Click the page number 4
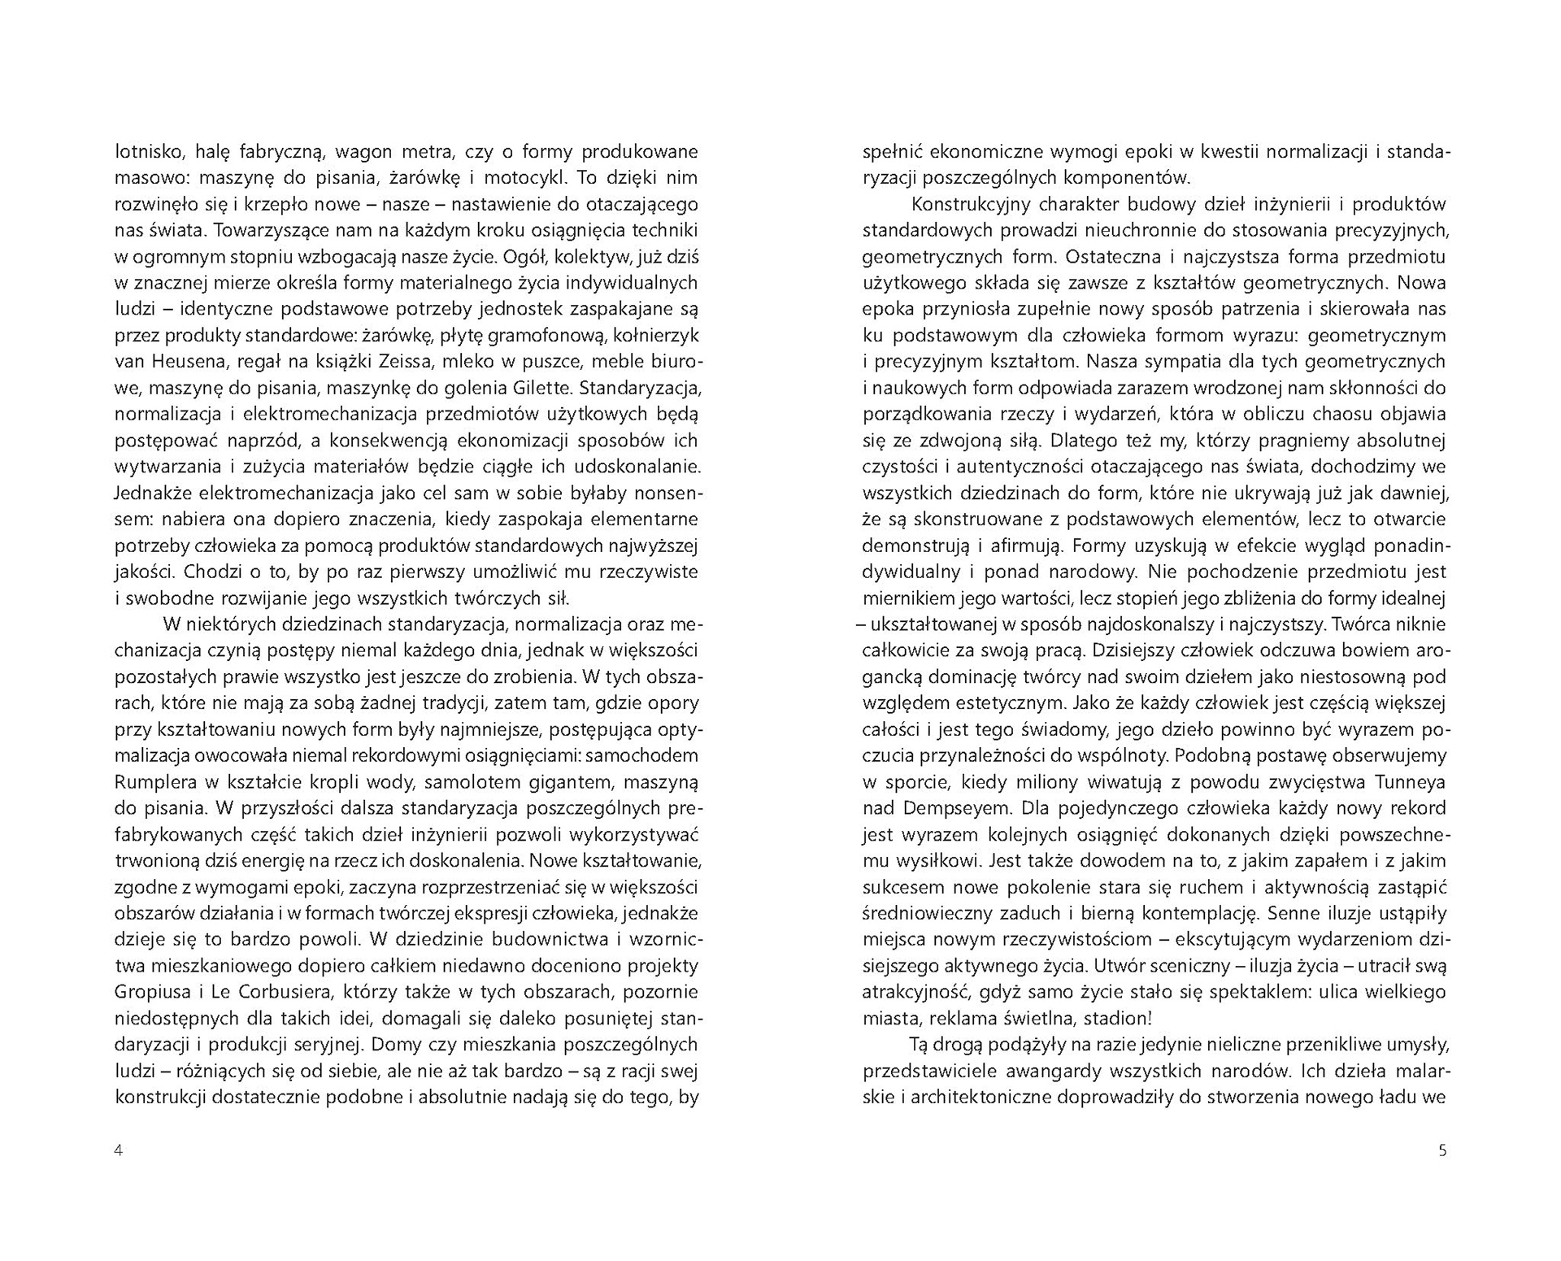(x=119, y=1150)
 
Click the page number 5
(x=1442, y=1150)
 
